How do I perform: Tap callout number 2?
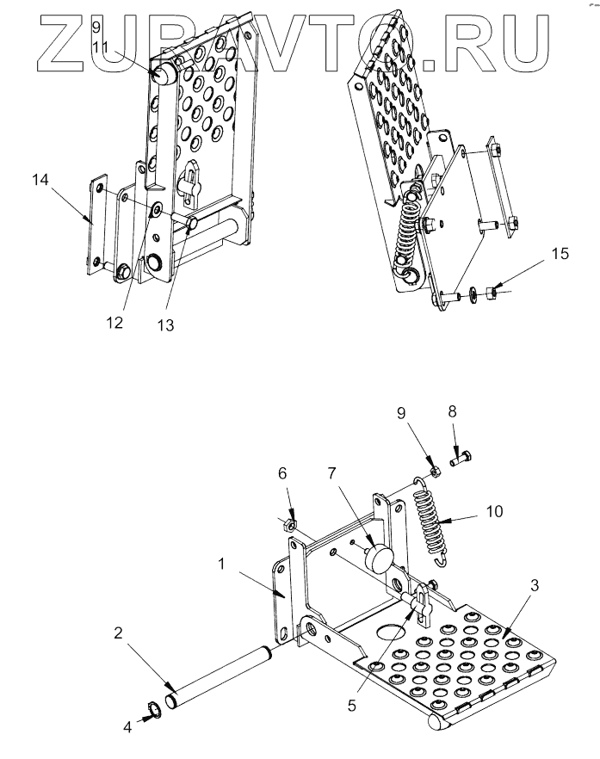point(117,632)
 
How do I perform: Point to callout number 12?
point(113,323)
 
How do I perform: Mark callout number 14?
point(38,180)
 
